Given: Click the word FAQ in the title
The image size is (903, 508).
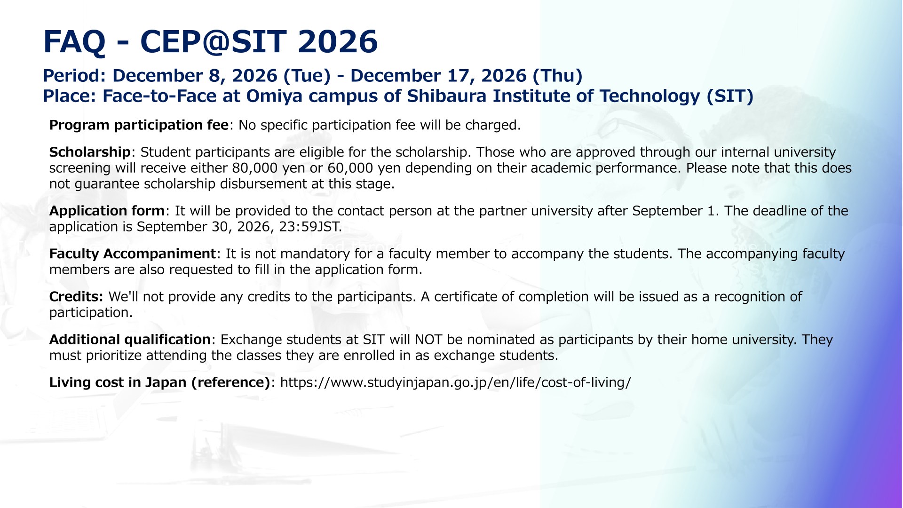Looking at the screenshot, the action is tap(74, 42).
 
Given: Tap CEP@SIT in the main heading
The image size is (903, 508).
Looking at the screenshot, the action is tap(214, 42).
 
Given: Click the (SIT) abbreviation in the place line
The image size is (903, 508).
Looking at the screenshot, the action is tap(730, 96).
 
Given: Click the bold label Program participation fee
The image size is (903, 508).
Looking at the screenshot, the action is tap(139, 126).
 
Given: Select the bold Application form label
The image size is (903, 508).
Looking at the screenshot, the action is tap(107, 211).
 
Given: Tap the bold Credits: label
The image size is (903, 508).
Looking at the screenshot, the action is tap(76, 297).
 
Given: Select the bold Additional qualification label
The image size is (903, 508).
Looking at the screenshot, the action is tap(130, 340).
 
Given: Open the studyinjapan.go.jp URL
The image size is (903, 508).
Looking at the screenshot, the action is tap(455, 383).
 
